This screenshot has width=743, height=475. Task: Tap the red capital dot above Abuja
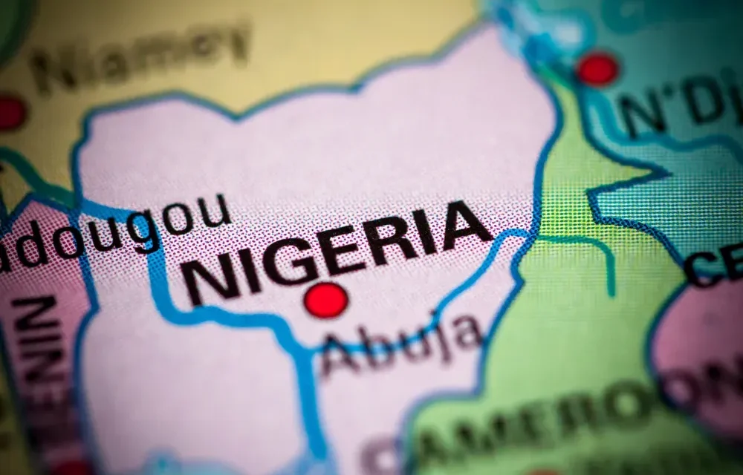pos(326,301)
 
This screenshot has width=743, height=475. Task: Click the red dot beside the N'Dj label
pos(597,69)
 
